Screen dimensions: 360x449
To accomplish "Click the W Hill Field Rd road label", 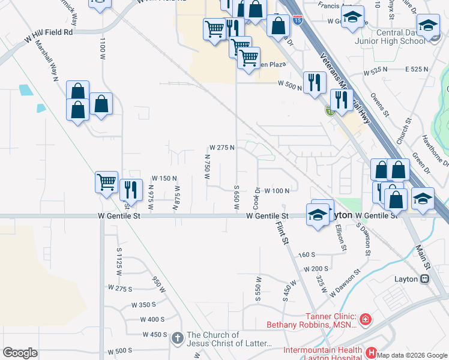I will [49, 35].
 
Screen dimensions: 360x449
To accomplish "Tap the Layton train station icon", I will [425, 279].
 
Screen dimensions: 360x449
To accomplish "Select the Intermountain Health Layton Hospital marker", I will [371, 352].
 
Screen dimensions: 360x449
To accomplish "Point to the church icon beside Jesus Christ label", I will [177, 338].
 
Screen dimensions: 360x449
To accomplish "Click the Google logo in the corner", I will [20, 353].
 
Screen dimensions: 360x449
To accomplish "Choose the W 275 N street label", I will [221, 147].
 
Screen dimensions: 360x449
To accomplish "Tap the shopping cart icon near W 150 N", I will [106, 181].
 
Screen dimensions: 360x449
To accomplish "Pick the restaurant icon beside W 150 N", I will [130, 189].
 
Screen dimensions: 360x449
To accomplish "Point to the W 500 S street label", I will [119, 350].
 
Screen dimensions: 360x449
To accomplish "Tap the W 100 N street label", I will [277, 191].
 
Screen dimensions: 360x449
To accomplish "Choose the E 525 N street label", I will [417, 70].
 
